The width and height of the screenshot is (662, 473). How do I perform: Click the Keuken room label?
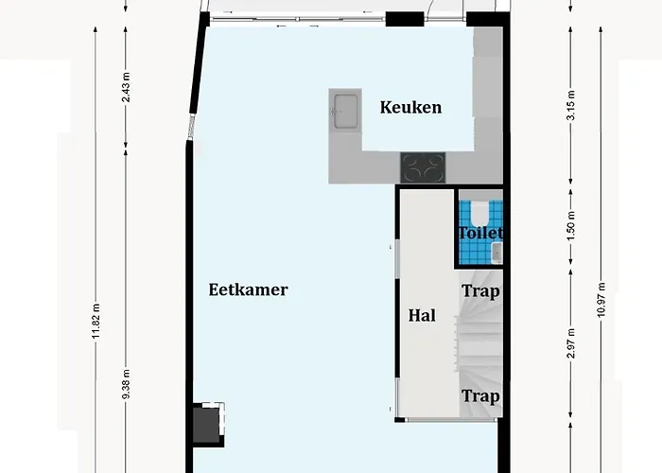(410, 107)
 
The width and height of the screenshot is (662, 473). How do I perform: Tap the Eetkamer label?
(248, 290)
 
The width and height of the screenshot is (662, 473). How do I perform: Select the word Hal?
(422, 315)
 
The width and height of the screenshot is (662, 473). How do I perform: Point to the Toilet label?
(480, 233)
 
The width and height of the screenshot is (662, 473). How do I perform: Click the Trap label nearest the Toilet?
(480, 291)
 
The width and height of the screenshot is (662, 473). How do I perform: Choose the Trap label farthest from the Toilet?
(480, 396)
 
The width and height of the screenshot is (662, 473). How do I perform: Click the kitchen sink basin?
(344, 110)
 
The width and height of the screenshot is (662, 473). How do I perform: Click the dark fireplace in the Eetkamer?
(207, 424)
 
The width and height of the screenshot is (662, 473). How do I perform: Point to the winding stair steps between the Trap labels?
(479, 342)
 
